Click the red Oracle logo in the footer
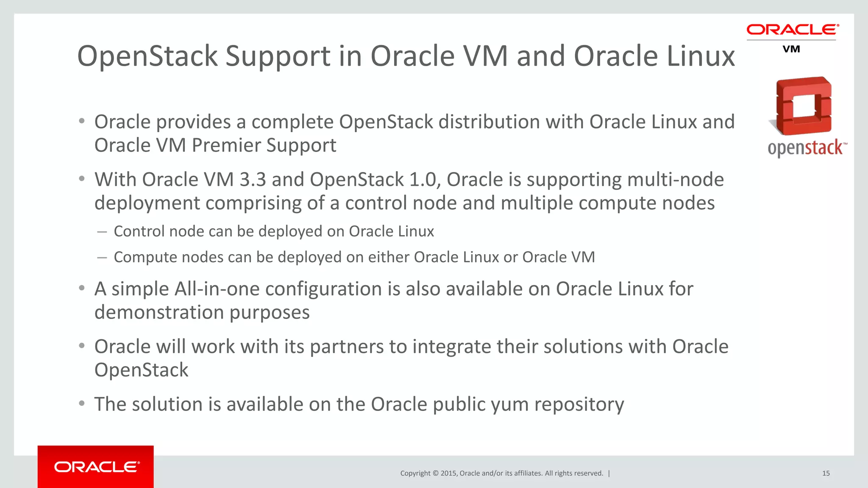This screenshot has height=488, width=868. point(96,467)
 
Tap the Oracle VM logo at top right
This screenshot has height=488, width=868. point(792,38)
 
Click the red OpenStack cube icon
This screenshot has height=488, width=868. point(801,106)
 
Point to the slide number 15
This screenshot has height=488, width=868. point(826,473)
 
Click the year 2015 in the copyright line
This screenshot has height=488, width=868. point(449,473)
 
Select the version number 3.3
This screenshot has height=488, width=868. point(253,180)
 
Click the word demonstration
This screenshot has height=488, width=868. point(159,312)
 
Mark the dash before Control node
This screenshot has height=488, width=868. point(102,232)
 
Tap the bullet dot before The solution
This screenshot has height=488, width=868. point(82,403)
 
